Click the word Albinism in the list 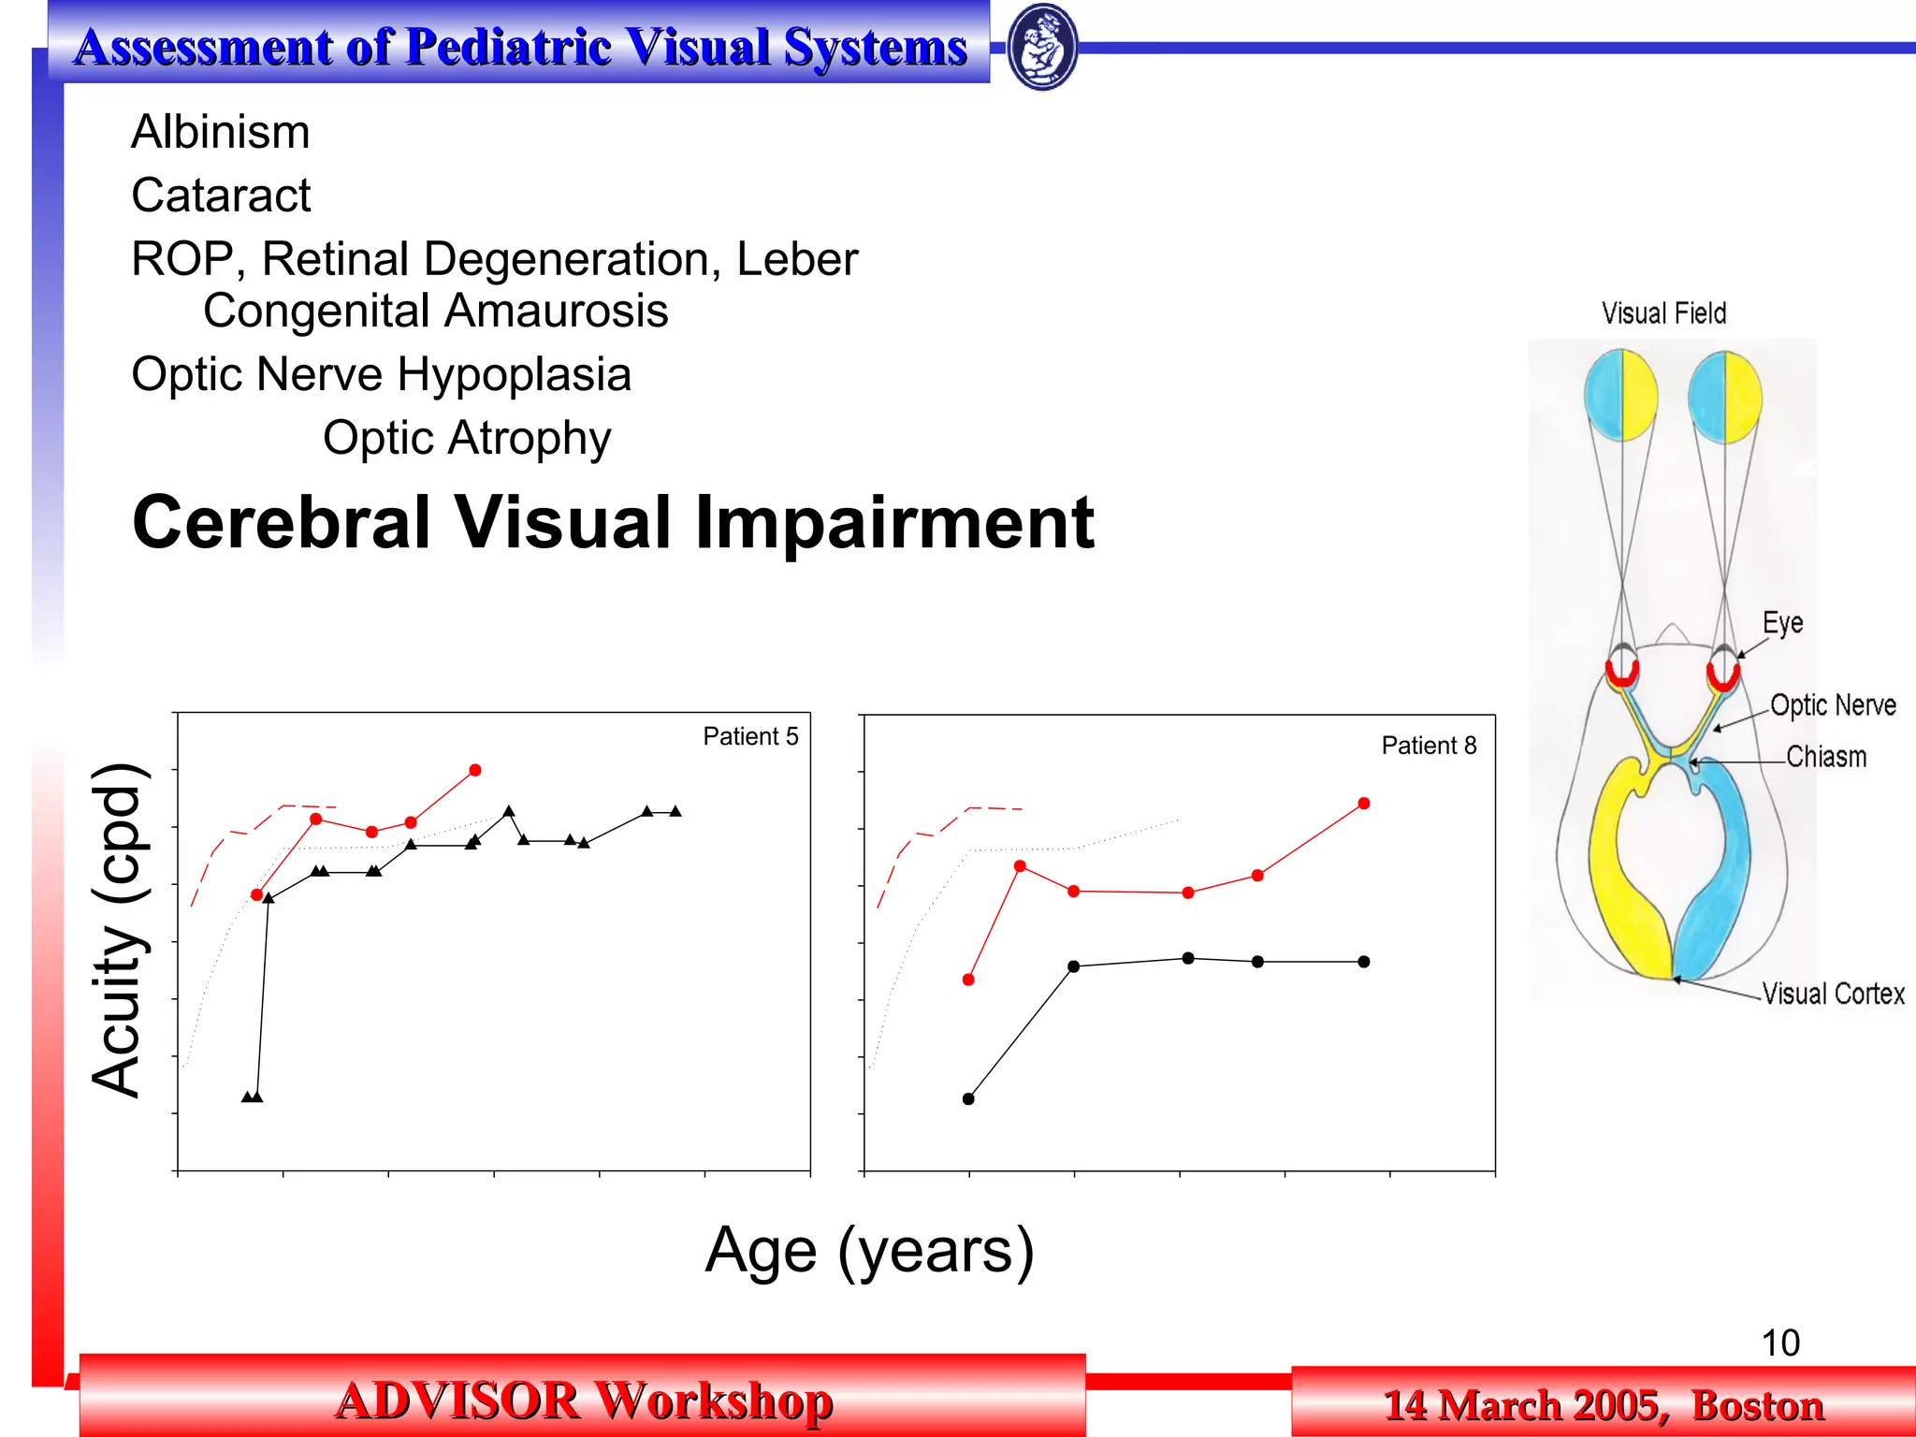220,132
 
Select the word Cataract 221,196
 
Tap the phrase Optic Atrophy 467,438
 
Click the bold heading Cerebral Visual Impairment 613,522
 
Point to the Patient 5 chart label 750,737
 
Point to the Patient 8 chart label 1429,746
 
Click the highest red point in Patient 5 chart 475,770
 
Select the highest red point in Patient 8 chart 1364,804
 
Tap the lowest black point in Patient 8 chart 968,1099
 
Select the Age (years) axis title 869,1250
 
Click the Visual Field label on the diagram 1663,313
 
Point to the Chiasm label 1825,757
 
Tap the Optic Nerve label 1833,705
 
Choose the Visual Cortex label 1833,994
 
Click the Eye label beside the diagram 1782,623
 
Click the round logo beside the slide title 1042,47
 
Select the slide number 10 1779,1343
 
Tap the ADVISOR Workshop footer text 583,1401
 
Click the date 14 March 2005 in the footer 1525,1405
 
